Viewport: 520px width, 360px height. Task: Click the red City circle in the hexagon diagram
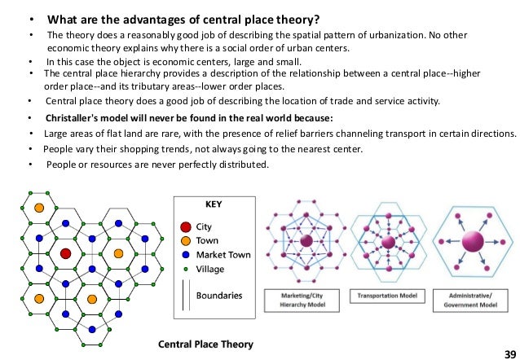tap(66, 254)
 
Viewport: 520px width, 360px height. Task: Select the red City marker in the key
tap(186, 226)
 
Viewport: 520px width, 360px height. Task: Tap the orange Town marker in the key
tap(186, 240)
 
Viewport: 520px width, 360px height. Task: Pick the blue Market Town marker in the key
tap(186, 255)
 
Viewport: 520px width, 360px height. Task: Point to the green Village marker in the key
tap(186, 269)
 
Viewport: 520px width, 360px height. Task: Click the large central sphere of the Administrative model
tap(471, 242)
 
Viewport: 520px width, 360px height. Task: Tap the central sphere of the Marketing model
tap(306, 242)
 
